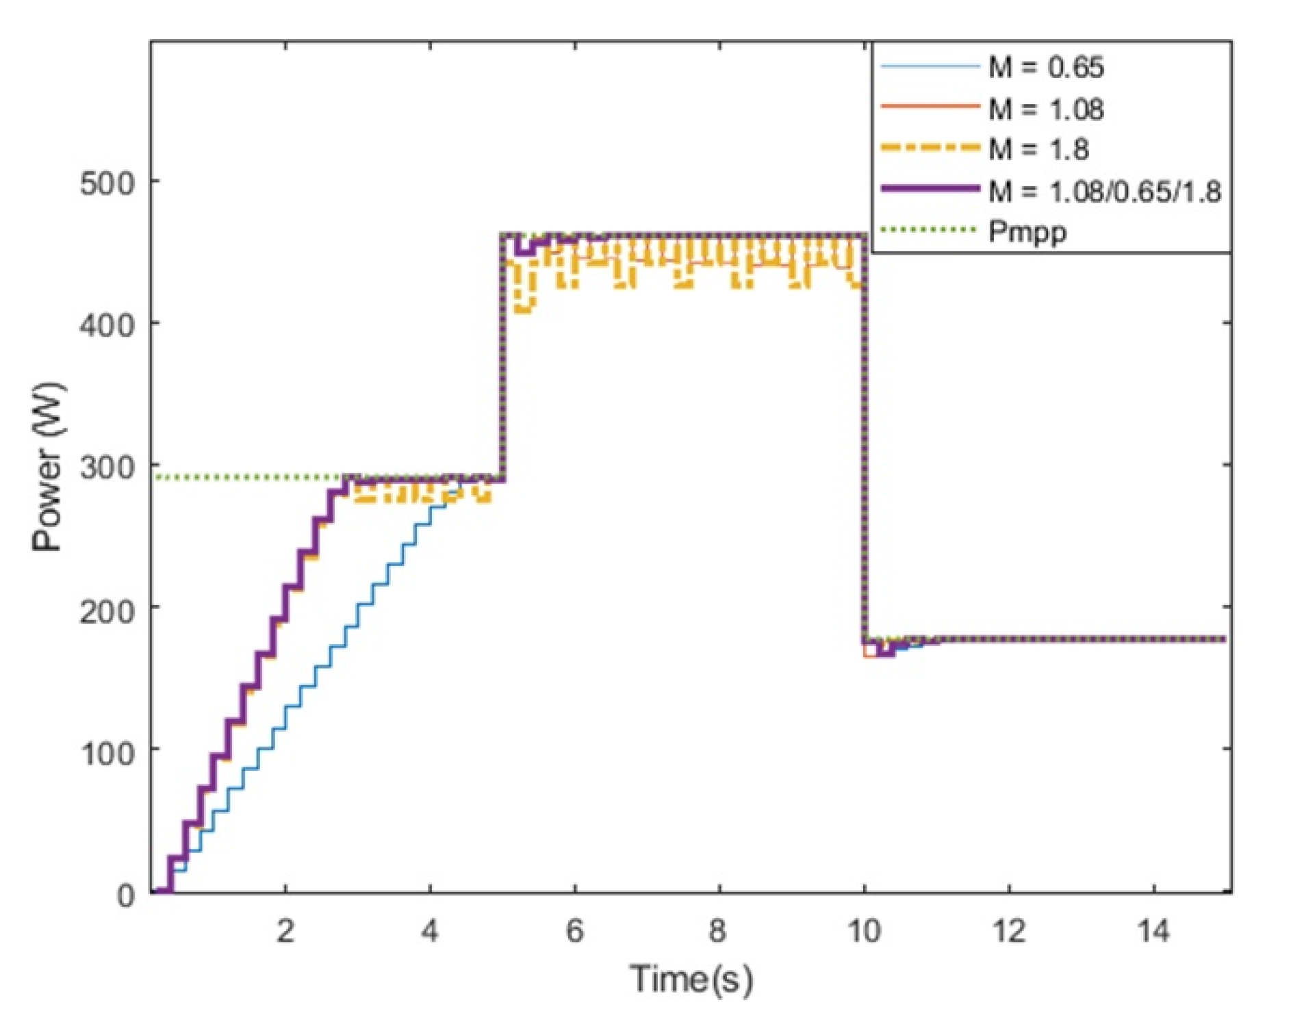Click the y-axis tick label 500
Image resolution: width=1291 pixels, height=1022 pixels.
tap(108, 183)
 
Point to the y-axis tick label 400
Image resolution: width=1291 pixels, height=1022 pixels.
tap(108, 325)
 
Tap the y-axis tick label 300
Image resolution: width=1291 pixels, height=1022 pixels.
tap(108, 468)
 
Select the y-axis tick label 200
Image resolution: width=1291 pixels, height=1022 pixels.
tap(108, 610)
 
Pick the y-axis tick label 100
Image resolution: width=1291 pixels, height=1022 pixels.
tap(108, 752)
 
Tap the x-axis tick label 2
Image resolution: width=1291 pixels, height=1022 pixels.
tap(285, 932)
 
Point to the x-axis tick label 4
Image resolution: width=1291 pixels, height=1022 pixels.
tap(430, 932)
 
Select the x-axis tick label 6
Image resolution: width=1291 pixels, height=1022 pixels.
tap(575, 932)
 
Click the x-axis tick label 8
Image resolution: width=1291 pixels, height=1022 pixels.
tap(719, 932)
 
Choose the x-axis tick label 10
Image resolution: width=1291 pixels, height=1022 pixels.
tap(864, 932)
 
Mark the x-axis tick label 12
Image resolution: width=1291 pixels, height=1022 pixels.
tap(1009, 932)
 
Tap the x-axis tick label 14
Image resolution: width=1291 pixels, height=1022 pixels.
tap(1154, 932)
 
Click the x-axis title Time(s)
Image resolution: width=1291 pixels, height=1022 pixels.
tap(691, 979)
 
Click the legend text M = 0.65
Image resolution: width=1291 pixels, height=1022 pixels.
tap(1047, 67)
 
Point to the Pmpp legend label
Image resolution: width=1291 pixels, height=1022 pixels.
tap(1027, 232)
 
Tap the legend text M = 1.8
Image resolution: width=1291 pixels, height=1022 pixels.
tap(1038, 149)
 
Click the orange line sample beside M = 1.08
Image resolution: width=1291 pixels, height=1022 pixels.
tap(930, 107)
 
